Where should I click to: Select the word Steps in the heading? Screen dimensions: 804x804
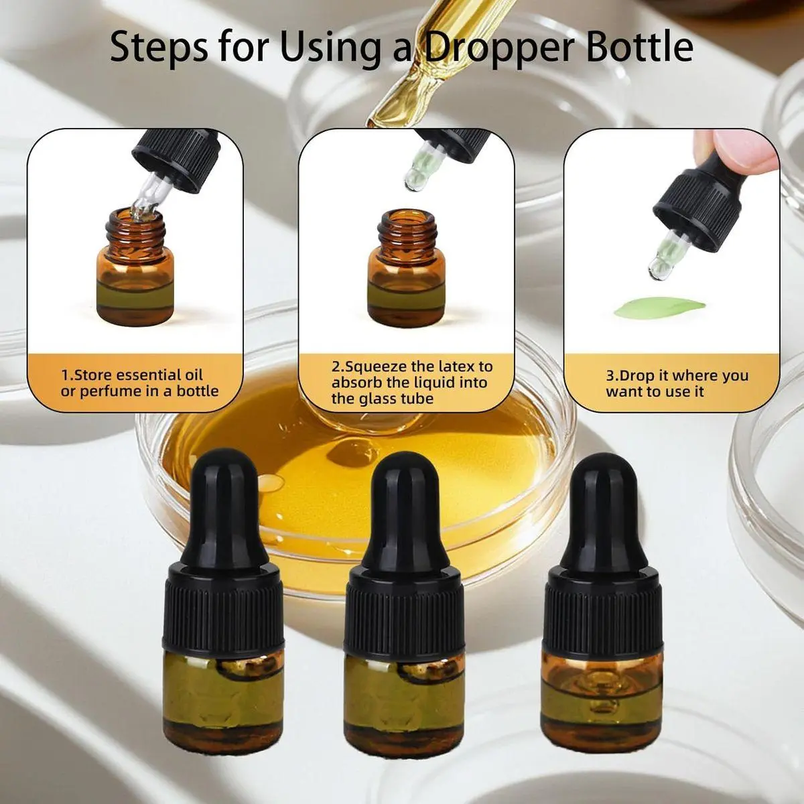coord(159,49)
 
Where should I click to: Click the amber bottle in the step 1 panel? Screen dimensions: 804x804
coord(135,267)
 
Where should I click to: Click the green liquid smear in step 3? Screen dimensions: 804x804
coord(660,308)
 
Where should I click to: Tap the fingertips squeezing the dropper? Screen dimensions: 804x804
coord(738,150)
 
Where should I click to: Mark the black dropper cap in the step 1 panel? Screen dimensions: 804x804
coord(176,161)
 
